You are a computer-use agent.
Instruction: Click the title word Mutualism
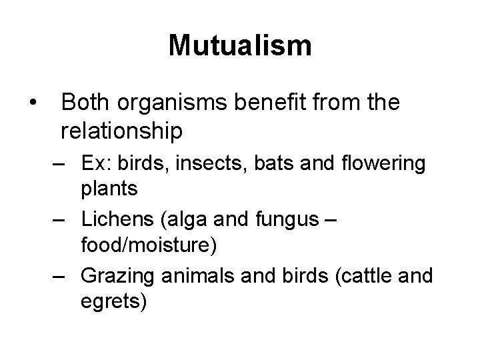(x=239, y=46)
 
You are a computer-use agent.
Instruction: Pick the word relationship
(x=121, y=131)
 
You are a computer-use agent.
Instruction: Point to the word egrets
(x=113, y=301)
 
